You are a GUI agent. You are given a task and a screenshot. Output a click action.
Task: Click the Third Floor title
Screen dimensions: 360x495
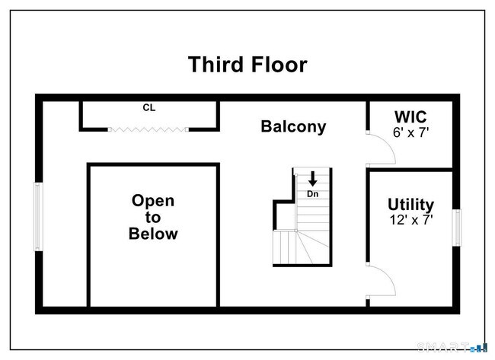(x=247, y=65)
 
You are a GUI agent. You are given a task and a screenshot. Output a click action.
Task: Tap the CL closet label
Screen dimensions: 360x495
(x=148, y=108)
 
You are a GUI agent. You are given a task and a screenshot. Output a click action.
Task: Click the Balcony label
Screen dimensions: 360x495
(x=293, y=126)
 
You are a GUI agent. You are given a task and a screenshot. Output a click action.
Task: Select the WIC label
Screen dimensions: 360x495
(x=410, y=117)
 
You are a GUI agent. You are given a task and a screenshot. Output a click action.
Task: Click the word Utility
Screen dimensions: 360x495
(x=410, y=205)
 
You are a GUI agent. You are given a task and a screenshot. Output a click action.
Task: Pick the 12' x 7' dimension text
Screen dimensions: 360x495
(x=410, y=220)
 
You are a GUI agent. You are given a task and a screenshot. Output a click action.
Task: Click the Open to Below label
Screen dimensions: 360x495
(x=153, y=217)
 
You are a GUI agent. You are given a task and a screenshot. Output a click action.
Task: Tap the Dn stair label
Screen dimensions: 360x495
(x=312, y=194)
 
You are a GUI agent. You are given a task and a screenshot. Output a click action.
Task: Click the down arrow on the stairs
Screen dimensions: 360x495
(x=313, y=180)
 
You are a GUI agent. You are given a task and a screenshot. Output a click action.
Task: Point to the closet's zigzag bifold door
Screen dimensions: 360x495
(x=148, y=129)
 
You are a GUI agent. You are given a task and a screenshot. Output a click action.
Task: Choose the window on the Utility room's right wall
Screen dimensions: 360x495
(x=457, y=227)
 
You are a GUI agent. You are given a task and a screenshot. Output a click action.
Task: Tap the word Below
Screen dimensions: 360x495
(x=153, y=234)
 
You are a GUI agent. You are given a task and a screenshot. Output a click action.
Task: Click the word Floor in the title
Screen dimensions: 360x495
(x=277, y=65)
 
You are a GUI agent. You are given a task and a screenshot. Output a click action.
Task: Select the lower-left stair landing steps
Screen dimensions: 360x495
(x=286, y=247)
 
